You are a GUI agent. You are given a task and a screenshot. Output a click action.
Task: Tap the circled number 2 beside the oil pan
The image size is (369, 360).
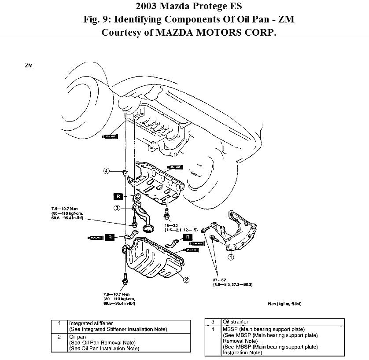pyautogui.click(x=186, y=280)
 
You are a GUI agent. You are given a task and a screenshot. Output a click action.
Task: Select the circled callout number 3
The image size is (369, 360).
pyautogui.click(x=117, y=208)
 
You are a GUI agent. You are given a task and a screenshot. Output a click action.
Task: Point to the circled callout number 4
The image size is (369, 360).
pyautogui.click(x=106, y=171)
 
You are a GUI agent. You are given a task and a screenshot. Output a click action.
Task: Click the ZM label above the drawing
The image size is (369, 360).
pyautogui.click(x=29, y=66)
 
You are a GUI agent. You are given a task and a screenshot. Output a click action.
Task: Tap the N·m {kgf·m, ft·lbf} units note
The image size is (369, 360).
pyautogui.click(x=284, y=304)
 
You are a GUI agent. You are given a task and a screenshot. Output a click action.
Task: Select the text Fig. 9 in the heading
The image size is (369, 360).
pyautogui.click(x=98, y=20)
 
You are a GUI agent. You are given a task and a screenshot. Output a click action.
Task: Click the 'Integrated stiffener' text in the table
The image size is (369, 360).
pyautogui.click(x=88, y=323)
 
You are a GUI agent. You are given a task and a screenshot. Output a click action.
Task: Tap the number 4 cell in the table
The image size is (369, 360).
pyautogui.click(x=213, y=329)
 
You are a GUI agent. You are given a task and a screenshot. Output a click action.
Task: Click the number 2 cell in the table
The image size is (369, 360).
pyautogui.click(x=59, y=337)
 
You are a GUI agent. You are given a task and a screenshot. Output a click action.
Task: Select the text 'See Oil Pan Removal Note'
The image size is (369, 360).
pyautogui.click(x=102, y=342)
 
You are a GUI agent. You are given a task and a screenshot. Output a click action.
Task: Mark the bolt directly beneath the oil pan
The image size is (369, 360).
pyautogui.click(x=126, y=279)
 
